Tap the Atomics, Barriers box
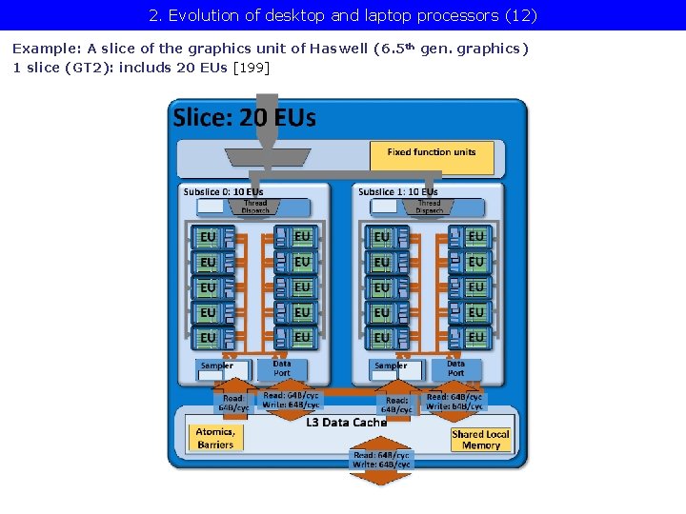point(215,438)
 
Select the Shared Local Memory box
point(480,439)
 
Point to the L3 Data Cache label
point(347,422)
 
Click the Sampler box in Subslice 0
point(222,370)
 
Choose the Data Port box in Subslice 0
point(283,368)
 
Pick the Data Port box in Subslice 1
point(456,368)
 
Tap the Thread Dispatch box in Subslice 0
point(254,206)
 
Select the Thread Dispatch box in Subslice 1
point(429,206)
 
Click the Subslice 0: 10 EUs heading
point(223,191)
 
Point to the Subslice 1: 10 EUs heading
point(397,191)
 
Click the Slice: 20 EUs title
point(244,118)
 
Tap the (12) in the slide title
point(520,15)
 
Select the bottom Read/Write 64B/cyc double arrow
point(381,461)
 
